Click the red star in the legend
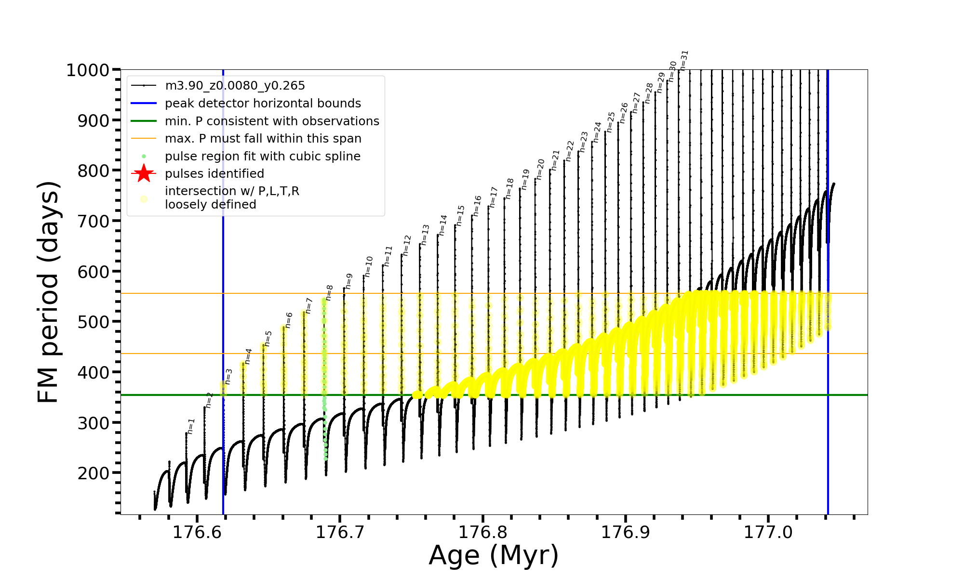pyautogui.click(x=144, y=173)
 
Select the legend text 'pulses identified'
pyautogui.click(x=214, y=174)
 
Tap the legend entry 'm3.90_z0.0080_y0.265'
pyautogui.click(x=235, y=86)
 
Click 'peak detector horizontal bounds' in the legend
pyautogui.click(x=263, y=104)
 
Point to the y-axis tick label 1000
pyautogui.click(x=88, y=70)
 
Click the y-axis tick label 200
pyautogui.click(x=94, y=473)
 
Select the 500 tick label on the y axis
pyautogui.click(x=94, y=322)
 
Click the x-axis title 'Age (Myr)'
pyautogui.click(x=494, y=555)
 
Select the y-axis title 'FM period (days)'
pyautogui.click(x=49, y=292)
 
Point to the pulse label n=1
pyautogui.click(x=191, y=426)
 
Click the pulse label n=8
pyautogui.click(x=330, y=292)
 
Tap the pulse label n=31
pyautogui.click(x=684, y=60)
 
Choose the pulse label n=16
pyautogui.click(x=477, y=206)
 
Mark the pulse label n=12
pyautogui.click(x=407, y=245)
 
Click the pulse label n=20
pyautogui.click(x=540, y=169)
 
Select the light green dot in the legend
pyautogui.click(x=144, y=157)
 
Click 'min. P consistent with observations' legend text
pyautogui.click(x=272, y=121)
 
